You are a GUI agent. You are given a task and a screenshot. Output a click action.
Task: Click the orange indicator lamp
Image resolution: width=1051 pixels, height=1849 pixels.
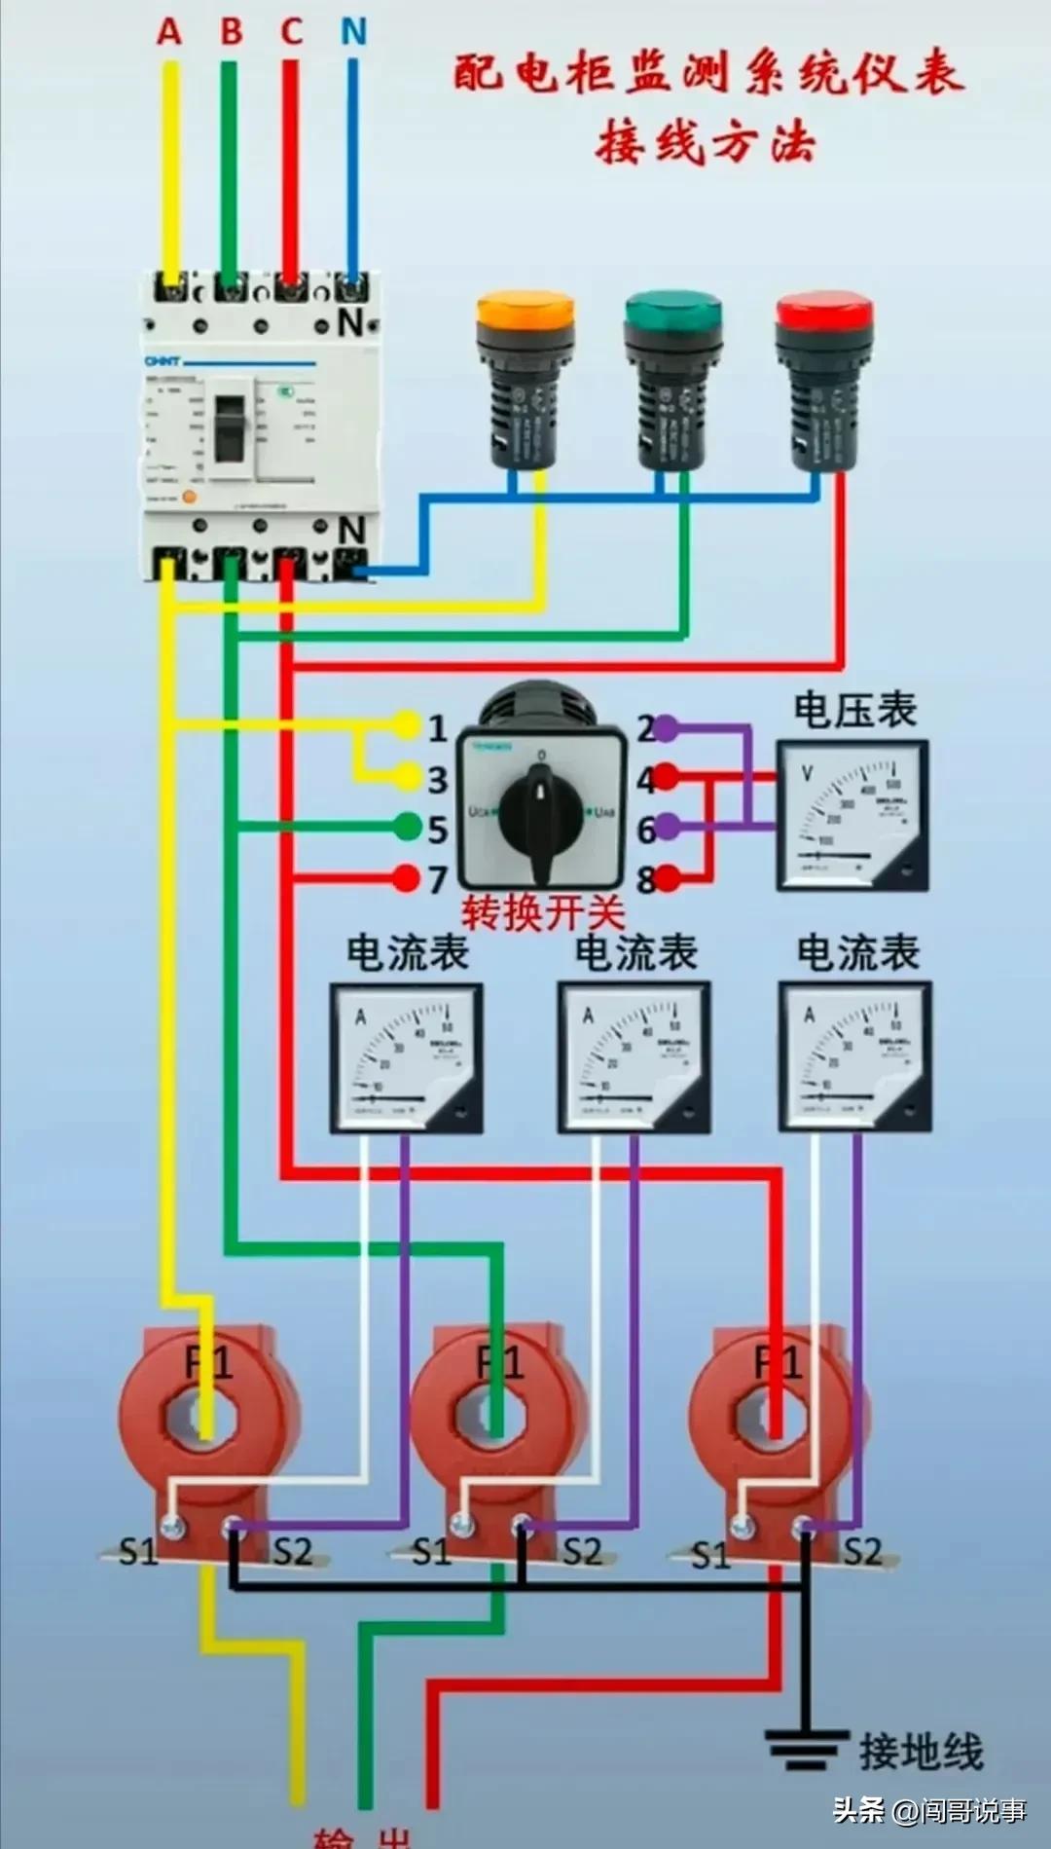pyautogui.click(x=525, y=380)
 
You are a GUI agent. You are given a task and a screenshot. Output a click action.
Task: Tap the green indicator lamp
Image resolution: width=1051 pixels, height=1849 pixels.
pyautogui.click(x=672, y=380)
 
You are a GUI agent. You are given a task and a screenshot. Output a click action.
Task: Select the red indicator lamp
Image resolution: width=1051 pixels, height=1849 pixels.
pyautogui.click(x=823, y=380)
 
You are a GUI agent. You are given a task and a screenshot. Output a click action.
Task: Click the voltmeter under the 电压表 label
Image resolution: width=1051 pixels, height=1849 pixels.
pyautogui.click(x=852, y=815)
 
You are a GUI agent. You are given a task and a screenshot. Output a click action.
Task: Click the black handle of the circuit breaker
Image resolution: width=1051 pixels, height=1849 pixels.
pyautogui.click(x=231, y=427)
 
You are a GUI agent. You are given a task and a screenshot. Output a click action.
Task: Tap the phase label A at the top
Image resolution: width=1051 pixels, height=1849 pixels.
pyautogui.click(x=169, y=32)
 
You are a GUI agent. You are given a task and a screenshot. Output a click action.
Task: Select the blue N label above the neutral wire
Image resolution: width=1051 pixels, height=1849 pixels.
pyautogui.click(x=353, y=32)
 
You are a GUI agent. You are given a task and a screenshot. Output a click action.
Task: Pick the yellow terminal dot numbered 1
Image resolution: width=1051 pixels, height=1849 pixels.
pyautogui.click(x=407, y=724)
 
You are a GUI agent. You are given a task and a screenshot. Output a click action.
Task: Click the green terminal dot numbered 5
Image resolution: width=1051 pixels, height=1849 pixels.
pyautogui.click(x=408, y=828)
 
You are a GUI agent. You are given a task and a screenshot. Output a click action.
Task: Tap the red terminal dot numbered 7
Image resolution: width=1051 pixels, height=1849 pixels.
pyautogui.click(x=407, y=878)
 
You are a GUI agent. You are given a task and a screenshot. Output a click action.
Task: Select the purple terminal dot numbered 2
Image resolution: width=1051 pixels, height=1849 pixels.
pyautogui.click(x=665, y=727)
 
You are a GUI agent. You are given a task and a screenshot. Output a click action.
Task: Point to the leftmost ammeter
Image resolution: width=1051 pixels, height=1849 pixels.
pyautogui.click(x=406, y=1057)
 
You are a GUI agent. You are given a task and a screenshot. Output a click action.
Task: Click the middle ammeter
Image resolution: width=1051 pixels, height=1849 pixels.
pyautogui.click(x=634, y=1057)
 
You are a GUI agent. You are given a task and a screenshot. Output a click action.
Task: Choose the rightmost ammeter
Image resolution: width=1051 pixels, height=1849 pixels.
pyautogui.click(x=854, y=1057)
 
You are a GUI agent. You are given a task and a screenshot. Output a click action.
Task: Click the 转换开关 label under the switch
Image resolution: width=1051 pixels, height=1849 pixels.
pyautogui.click(x=542, y=913)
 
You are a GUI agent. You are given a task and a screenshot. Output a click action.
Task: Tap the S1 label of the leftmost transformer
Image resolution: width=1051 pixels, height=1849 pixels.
pyautogui.click(x=138, y=1551)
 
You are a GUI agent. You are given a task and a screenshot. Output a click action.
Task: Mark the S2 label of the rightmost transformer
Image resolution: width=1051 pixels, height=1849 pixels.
pyautogui.click(x=861, y=1551)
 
